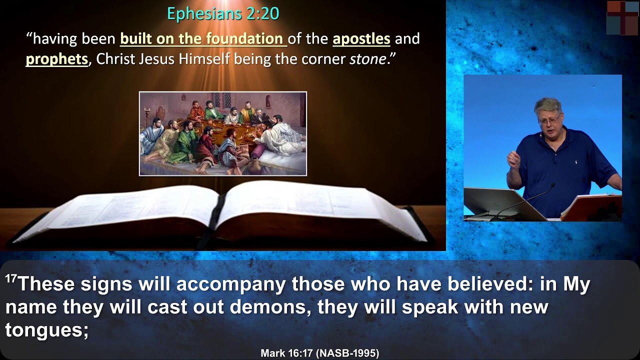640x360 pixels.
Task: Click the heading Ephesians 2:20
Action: [x=223, y=14]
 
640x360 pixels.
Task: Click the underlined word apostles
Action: [x=361, y=39]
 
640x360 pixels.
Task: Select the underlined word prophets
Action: [x=56, y=59]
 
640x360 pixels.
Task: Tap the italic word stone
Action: [x=367, y=59]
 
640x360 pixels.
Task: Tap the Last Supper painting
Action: [x=222, y=133]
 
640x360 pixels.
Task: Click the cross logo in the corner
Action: [x=622, y=17]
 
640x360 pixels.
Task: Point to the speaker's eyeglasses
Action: [x=550, y=120]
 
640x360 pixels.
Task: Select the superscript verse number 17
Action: [x=11, y=279]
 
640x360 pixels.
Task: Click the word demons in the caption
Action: [x=269, y=306]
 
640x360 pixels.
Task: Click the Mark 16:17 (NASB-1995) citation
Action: [x=319, y=353]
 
